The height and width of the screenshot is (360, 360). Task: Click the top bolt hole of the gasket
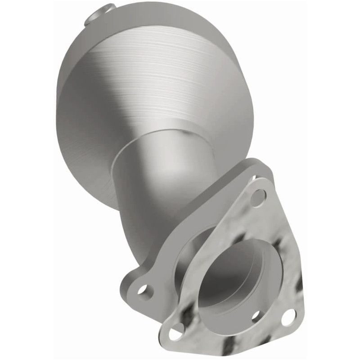pyautogui.click(x=258, y=197)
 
